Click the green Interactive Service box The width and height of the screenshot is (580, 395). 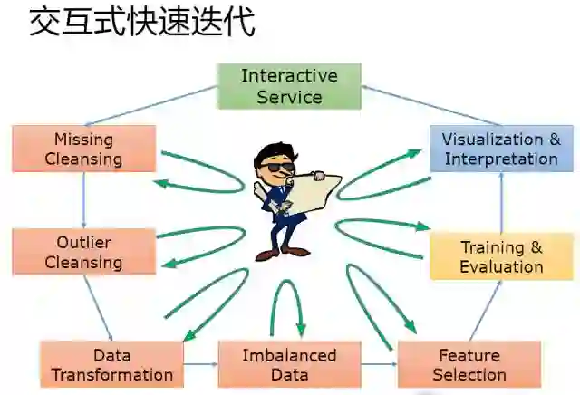click(x=289, y=85)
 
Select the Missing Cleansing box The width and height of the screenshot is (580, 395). click(x=83, y=149)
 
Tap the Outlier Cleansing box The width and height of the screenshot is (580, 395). click(x=83, y=252)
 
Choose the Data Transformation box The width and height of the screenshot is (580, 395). click(x=111, y=364)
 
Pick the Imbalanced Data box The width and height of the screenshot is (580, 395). click(x=289, y=364)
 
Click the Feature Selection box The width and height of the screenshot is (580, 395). click(x=469, y=364)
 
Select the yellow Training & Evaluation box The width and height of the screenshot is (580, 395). click(x=501, y=256)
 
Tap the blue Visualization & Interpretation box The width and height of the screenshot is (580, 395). click(x=501, y=149)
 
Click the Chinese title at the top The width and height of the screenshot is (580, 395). click(x=141, y=22)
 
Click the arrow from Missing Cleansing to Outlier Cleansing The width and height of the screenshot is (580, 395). click(x=83, y=199)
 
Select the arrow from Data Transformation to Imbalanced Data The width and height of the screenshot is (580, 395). click(x=200, y=364)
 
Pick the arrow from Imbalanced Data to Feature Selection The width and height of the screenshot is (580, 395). click(x=379, y=364)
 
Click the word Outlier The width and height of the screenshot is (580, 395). click(x=83, y=242)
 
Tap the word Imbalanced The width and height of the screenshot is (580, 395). click(x=289, y=355)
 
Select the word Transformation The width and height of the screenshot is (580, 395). click(x=111, y=374)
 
